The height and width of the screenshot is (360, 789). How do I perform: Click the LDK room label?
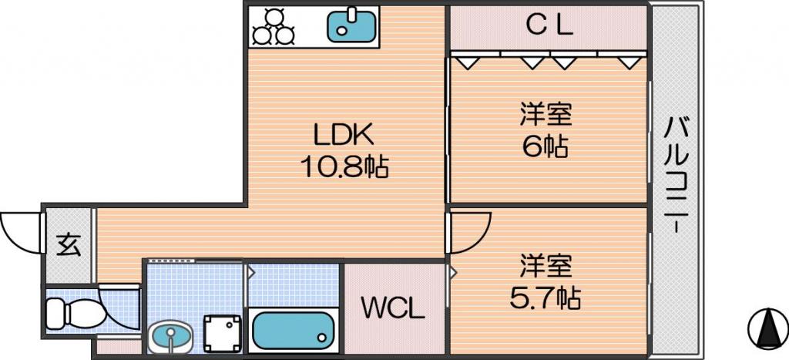[x=344, y=136]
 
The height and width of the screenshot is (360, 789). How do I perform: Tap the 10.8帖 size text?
[x=344, y=167]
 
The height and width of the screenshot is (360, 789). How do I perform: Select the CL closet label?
[x=549, y=25]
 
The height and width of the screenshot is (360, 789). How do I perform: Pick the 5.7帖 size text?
[x=546, y=298]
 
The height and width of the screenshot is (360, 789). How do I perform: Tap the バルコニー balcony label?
[x=676, y=174]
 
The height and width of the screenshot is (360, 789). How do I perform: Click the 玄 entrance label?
[x=69, y=244]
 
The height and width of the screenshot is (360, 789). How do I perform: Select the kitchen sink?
[x=351, y=26]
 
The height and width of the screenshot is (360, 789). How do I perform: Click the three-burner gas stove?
[x=273, y=26]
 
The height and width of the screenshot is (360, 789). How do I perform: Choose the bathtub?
[x=292, y=330]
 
